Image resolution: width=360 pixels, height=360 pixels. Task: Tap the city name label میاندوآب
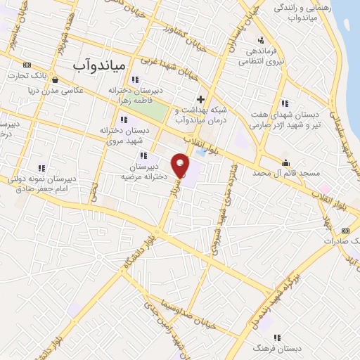(99, 65)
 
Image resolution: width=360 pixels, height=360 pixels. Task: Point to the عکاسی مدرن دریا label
(44, 91)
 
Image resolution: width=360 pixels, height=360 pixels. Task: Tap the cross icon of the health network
(200, 98)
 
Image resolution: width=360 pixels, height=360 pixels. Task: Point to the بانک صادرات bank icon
(345, 230)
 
